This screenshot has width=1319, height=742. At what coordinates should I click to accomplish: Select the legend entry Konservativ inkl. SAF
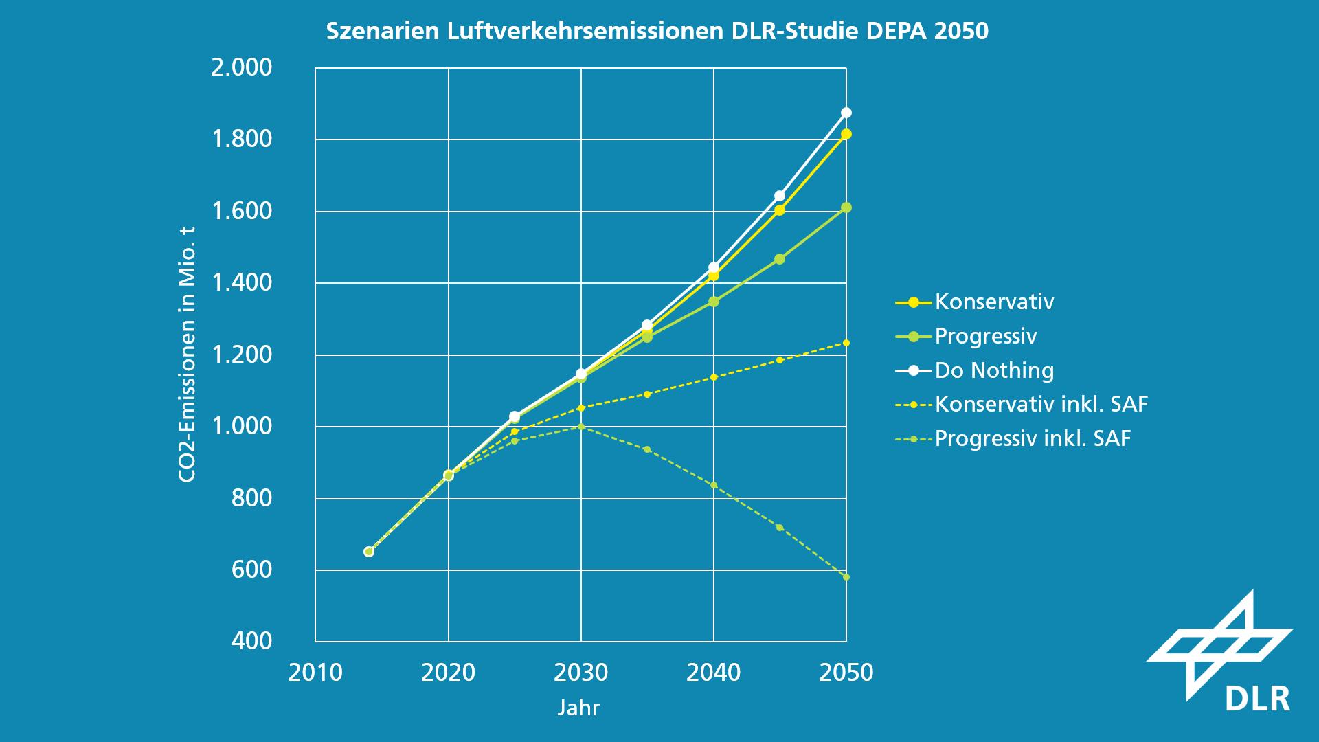[x=1041, y=404]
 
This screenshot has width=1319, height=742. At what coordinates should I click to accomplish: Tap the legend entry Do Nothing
[x=993, y=370]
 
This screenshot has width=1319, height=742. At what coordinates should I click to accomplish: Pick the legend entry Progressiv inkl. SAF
[x=1033, y=438]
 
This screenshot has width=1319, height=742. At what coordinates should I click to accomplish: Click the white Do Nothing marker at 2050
[x=846, y=113]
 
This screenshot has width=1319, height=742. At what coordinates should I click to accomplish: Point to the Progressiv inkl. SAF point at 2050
[x=846, y=577]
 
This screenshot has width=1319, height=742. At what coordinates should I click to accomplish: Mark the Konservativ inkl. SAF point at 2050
[x=846, y=343]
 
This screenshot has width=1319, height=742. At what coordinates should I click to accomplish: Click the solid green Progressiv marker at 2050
[x=846, y=207]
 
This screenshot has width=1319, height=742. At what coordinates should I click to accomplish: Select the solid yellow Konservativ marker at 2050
[x=846, y=134]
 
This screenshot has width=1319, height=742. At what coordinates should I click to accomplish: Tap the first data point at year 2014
[x=369, y=552]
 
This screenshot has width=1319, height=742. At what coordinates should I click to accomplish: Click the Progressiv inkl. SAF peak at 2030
[x=581, y=427]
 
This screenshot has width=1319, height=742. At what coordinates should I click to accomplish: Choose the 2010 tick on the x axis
[x=315, y=672]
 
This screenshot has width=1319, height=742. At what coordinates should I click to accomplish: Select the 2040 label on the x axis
[x=714, y=672]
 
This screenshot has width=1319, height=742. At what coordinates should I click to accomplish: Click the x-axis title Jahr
[x=578, y=708]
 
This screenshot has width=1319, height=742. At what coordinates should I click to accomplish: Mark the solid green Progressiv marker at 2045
[x=780, y=259]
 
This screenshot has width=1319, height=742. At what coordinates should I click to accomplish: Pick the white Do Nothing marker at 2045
[x=780, y=196]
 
